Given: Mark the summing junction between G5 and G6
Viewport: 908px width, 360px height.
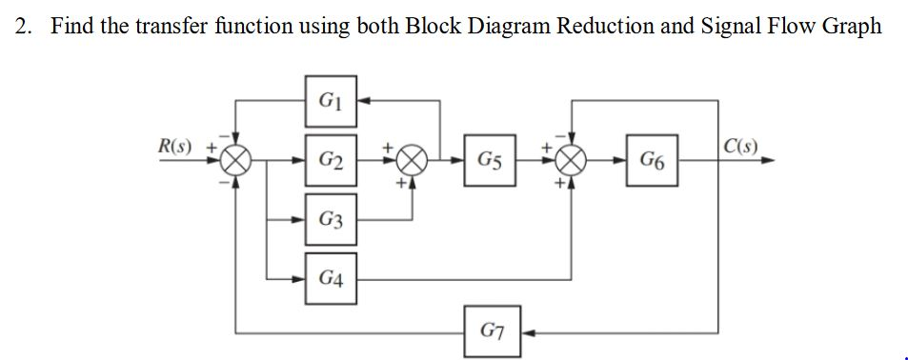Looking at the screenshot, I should tap(572, 161).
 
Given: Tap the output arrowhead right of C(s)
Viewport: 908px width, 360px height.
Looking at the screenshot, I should tap(767, 161).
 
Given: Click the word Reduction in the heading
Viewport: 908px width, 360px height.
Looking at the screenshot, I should tap(599, 26).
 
